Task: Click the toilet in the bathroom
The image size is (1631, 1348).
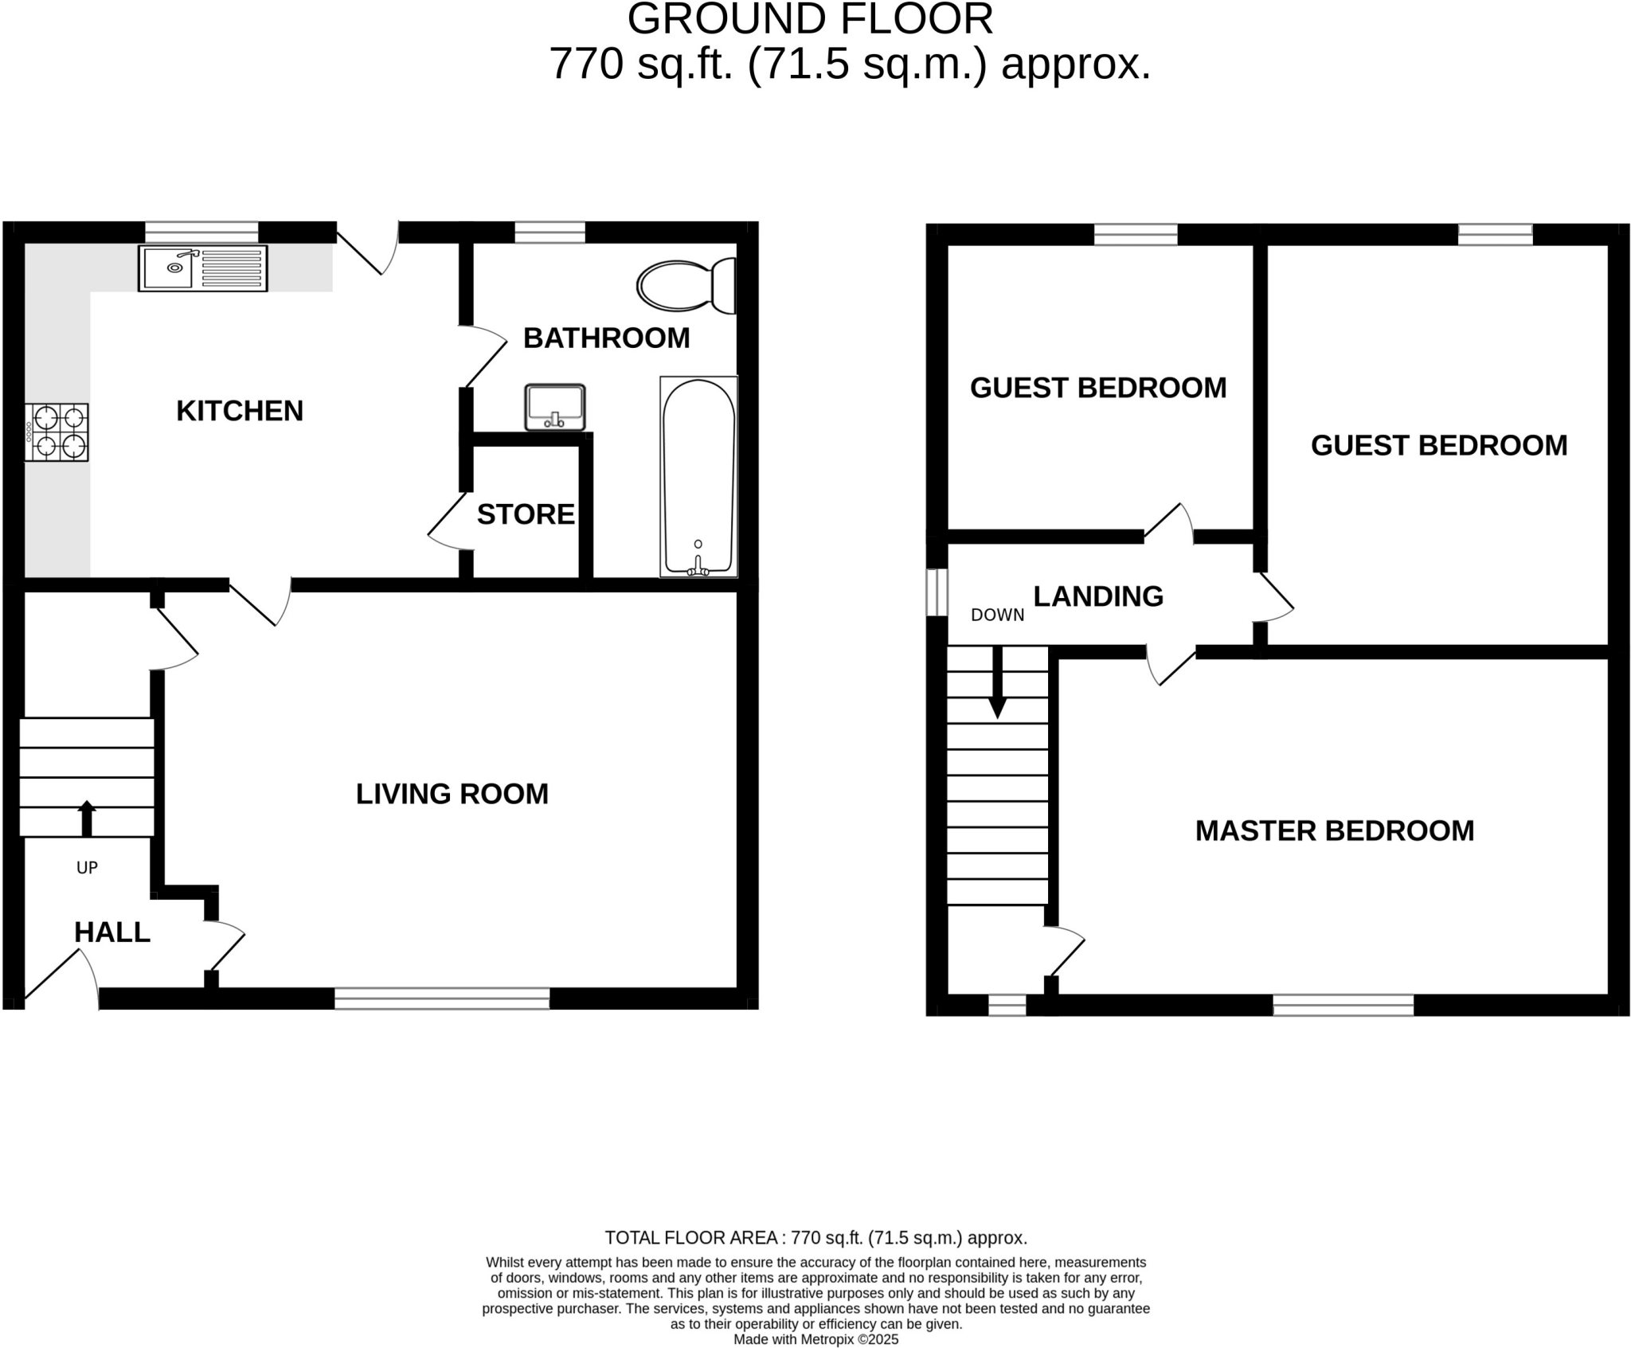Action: point(686,286)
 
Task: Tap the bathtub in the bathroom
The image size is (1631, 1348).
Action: point(698,477)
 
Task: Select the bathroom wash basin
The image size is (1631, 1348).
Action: point(555,407)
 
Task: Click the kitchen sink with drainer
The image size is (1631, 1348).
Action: point(203,268)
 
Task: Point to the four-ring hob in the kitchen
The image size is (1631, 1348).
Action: point(57,432)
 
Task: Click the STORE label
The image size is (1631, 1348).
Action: point(526,514)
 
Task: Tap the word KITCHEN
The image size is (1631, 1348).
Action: point(240,411)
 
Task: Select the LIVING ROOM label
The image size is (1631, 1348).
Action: point(452,794)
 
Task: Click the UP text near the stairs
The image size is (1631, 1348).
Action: point(87,868)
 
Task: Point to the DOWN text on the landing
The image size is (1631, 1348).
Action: point(997,615)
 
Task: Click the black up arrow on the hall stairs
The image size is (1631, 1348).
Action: point(86,818)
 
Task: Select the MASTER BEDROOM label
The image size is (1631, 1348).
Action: point(1335,830)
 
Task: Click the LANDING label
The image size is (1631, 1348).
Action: point(1098,596)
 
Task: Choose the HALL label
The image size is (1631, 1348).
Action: point(112,932)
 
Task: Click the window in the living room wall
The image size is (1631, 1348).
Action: point(442,998)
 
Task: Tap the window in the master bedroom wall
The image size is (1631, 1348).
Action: point(1343,1005)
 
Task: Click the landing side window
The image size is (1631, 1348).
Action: point(937,592)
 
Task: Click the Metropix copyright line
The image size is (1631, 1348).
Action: point(815,1339)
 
